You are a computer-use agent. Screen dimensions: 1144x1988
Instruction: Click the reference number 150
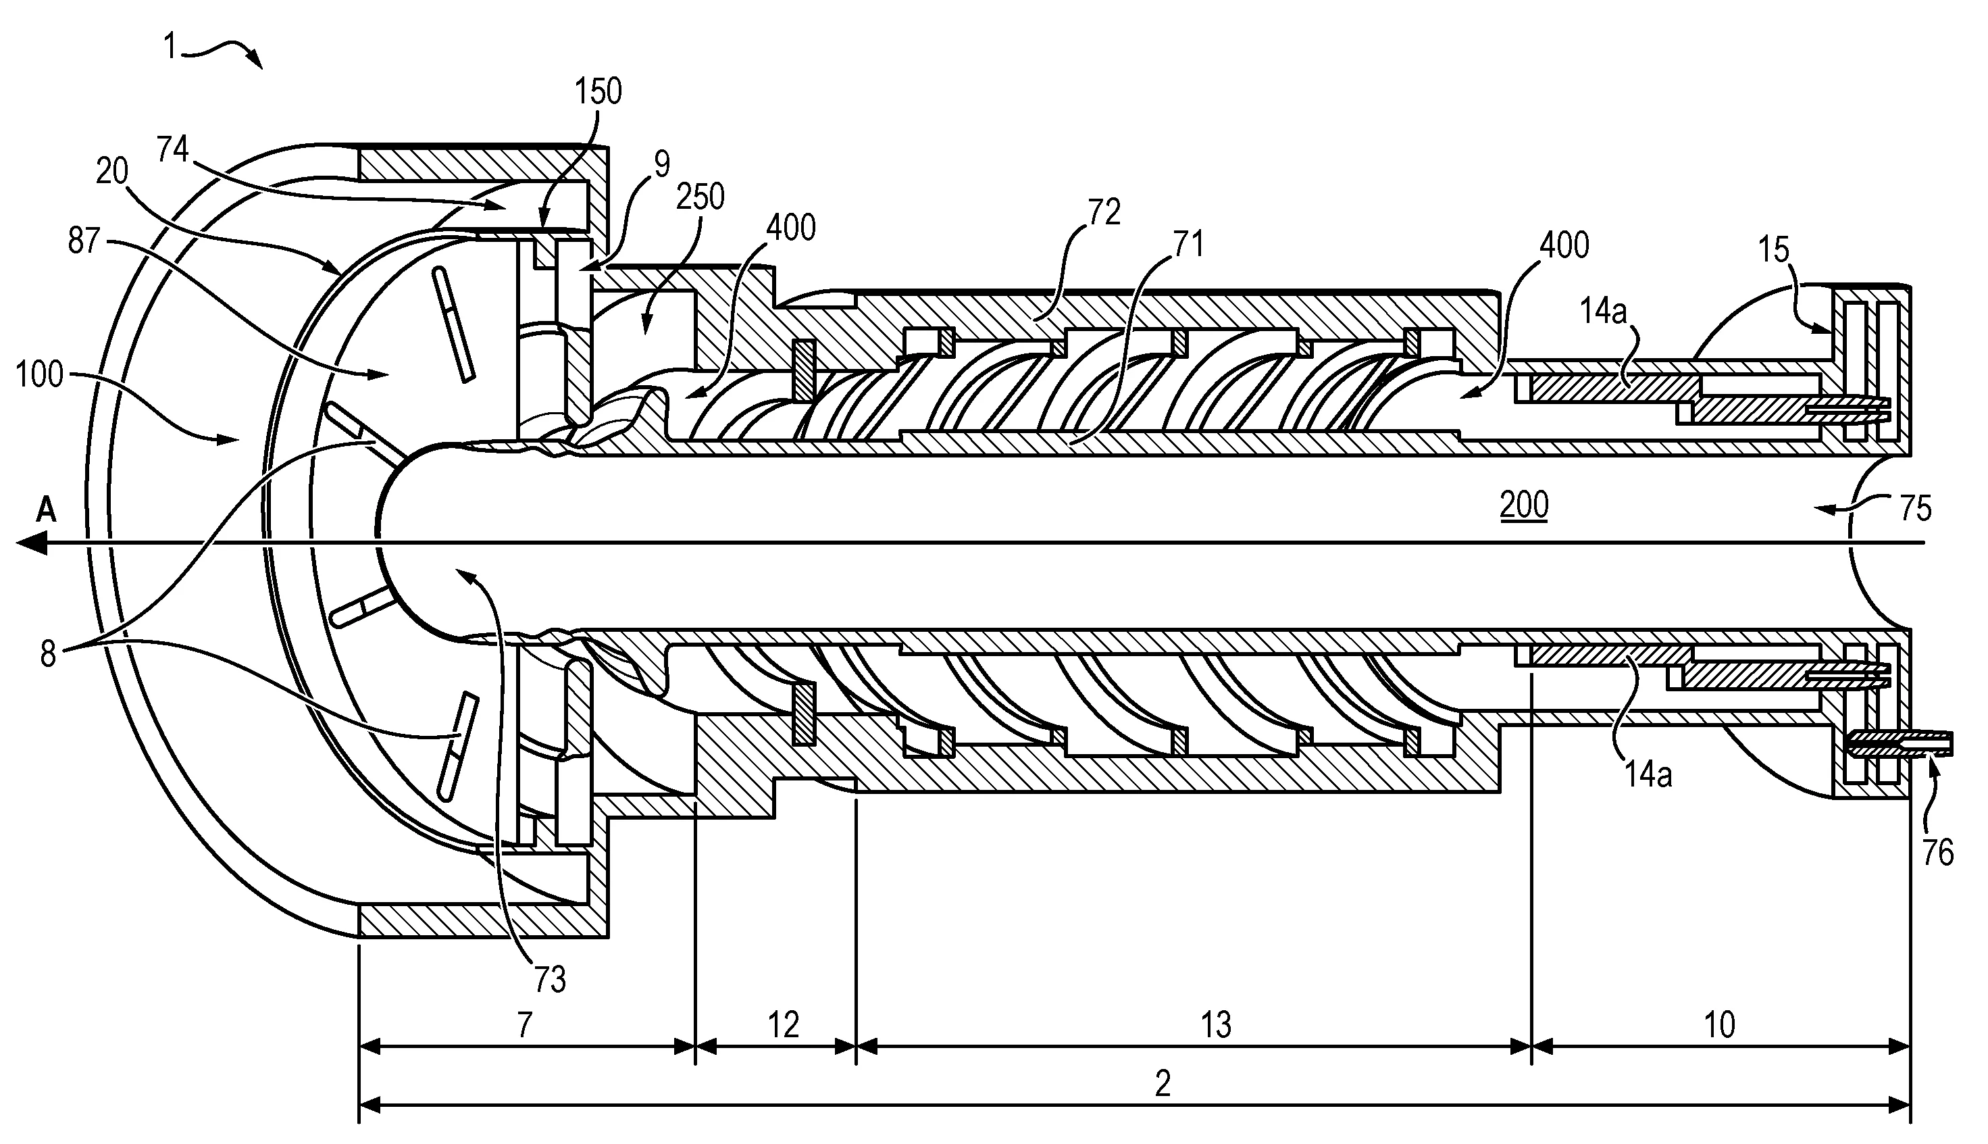click(598, 92)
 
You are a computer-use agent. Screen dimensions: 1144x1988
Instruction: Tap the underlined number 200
click(1524, 505)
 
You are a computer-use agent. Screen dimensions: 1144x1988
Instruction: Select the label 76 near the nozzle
click(1937, 853)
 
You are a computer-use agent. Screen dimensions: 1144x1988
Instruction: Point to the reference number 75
click(1915, 508)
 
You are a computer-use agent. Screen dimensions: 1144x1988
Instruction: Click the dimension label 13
click(1216, 1024)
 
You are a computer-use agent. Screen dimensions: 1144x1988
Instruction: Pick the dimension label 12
click(782, 1024)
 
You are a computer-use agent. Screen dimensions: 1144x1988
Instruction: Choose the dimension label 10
click(1718, 1024)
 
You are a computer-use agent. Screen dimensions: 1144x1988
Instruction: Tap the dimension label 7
click(525, 1024)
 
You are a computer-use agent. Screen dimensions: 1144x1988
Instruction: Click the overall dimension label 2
click(1163, 1085)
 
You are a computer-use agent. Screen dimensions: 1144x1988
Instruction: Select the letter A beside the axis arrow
click(47, 512)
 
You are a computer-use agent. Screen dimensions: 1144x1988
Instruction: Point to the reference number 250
click(700, 197)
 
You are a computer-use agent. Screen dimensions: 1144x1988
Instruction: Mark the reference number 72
click(1104, 213)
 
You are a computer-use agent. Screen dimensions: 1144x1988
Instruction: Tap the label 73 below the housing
click(550, 979)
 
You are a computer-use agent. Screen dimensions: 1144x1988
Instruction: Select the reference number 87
click(84, 241)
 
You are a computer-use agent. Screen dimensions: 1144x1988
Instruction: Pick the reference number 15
click(1773, 250)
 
